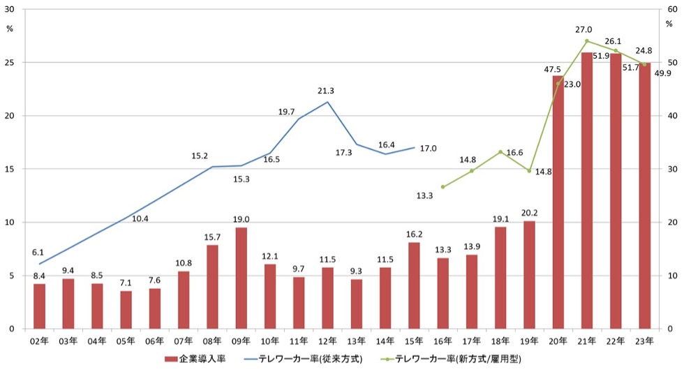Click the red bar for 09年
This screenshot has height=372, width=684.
point(241,278)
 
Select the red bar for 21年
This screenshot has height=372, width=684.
point(587,191)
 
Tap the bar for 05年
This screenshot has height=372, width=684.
point(126,310)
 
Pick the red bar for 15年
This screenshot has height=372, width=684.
point(414,285)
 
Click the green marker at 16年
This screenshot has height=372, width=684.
point(443,186)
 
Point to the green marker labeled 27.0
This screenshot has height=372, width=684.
point(587,41)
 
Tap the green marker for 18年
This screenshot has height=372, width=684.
point(500,151)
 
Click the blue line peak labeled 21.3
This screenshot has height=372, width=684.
point(327,102)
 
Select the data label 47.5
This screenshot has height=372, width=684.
point(552,69)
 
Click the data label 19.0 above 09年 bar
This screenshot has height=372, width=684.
point(241,219)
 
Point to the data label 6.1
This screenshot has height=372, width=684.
point(38,253)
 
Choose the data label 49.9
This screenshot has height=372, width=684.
point(663,73)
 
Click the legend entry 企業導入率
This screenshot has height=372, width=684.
point(195,359)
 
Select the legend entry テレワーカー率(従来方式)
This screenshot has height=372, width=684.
point(303,359)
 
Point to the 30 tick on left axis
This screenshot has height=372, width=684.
point(10,9)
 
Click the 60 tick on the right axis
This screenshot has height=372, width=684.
point(672,9)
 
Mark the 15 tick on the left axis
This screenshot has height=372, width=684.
point(10,169)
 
